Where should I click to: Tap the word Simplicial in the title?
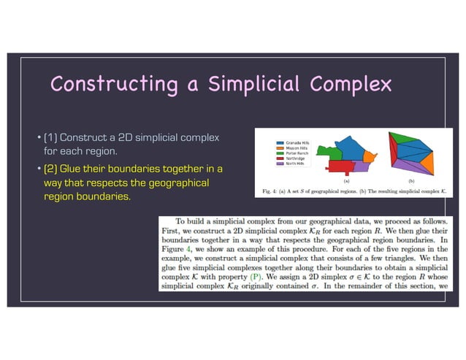(x=254, y=85)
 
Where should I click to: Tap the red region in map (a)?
(x=342, y=166)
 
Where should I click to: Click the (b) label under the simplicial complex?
(x=411, y=180)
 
